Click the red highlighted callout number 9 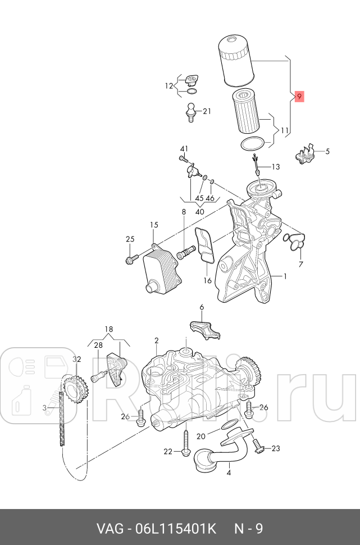coord(299,97)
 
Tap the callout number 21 coord(207,111)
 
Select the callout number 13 coord(275,167)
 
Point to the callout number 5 coord(327,151)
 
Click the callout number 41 coord(183,149)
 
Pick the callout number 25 coord(130,239)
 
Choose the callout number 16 coord(207,280)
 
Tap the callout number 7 coord(300,264)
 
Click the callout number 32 coord(77,360)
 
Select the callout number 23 coord(275,448)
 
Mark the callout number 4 coord(229,473)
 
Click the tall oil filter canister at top coord(235,60)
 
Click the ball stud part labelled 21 coord(191,111)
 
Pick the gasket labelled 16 coord(205,245)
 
